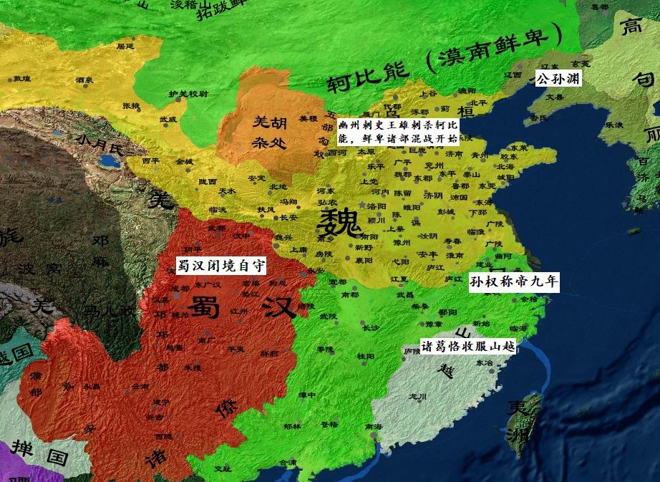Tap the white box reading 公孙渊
[558, 77]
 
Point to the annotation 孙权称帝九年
[513, 282]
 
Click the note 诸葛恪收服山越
[467, 347]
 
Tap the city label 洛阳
[377, 206]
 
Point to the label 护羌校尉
[188, 93]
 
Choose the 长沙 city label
[370, 327]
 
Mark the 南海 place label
[373, 425]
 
